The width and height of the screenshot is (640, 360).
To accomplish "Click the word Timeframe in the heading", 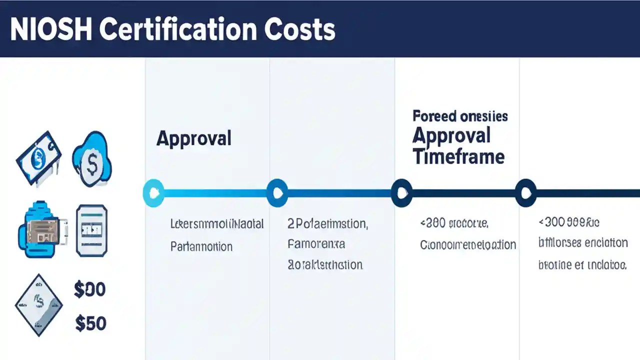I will coord(458,156).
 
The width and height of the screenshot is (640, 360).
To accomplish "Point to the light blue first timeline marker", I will coord(153,192).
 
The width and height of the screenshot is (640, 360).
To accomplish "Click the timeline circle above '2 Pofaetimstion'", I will coord(277,192).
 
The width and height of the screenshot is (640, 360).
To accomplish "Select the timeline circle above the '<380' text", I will coord(401,192).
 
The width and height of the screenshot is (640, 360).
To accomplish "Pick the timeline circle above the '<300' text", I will coord(525,192).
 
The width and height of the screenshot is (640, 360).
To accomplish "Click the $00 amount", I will coord(89,289).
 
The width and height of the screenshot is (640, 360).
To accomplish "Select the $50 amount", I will coord(90,323).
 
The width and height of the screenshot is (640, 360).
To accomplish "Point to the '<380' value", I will coord(433,223).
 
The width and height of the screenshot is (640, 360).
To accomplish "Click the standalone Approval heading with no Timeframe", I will coord(193,138).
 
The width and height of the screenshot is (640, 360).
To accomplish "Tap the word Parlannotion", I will coord(201,246).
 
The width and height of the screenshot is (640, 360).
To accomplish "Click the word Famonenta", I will coord(316,244).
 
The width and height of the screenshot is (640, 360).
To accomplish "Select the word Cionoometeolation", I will coord(468,245).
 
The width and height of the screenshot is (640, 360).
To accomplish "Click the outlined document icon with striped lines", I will coord(91,230).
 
